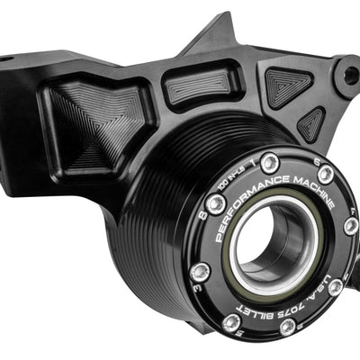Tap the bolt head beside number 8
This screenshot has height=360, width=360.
tap(216, 204)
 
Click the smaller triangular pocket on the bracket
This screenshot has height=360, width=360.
tap(311, 123)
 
